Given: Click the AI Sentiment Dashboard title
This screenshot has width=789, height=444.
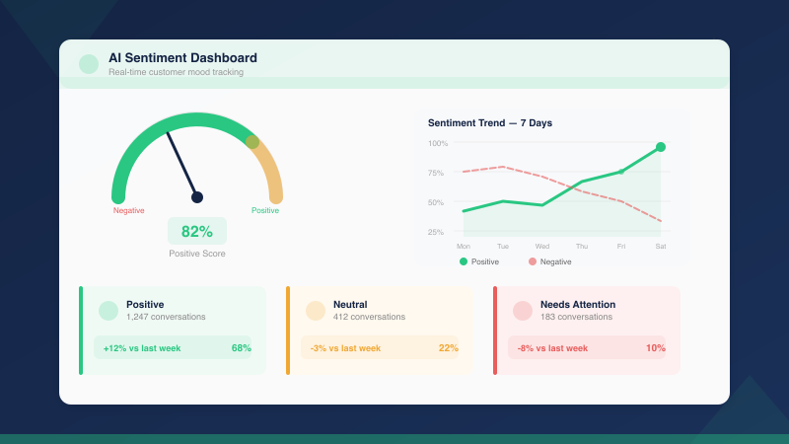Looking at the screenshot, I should (x=182, y=58).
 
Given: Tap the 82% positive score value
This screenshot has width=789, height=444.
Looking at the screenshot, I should (x=197, y=232).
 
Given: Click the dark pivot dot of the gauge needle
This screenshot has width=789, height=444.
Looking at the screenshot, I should (x=197, y=197).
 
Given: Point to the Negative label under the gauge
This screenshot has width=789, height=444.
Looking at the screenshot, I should (x=129, y=210).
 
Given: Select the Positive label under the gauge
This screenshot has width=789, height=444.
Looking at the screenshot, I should (x=265, y=210).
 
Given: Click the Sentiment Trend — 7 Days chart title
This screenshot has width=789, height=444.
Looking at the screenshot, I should (x=490, y=123).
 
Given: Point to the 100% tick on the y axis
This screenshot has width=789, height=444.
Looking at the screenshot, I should (x=437, y=143).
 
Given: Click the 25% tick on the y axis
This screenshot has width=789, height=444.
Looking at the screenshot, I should (x=435, y=232).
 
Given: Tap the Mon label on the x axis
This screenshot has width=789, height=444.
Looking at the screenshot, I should (x=464, y=246).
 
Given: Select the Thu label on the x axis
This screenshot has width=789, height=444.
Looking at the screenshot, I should (x=582, y=246).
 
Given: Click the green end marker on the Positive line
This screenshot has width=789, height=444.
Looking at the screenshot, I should (x=661, y=147).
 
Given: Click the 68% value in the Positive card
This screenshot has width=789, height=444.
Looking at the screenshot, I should (x=242, y=348).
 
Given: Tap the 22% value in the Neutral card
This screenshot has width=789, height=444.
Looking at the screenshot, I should (x=449, y=348).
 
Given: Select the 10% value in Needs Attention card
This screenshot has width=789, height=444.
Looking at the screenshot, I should (x=656, y=348).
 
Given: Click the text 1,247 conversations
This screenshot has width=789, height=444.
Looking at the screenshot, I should (x=166, y=317).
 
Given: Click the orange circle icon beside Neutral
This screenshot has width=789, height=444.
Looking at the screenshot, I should (x=316, y=311).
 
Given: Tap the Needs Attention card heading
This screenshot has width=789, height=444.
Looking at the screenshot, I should (x=578, y=304).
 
